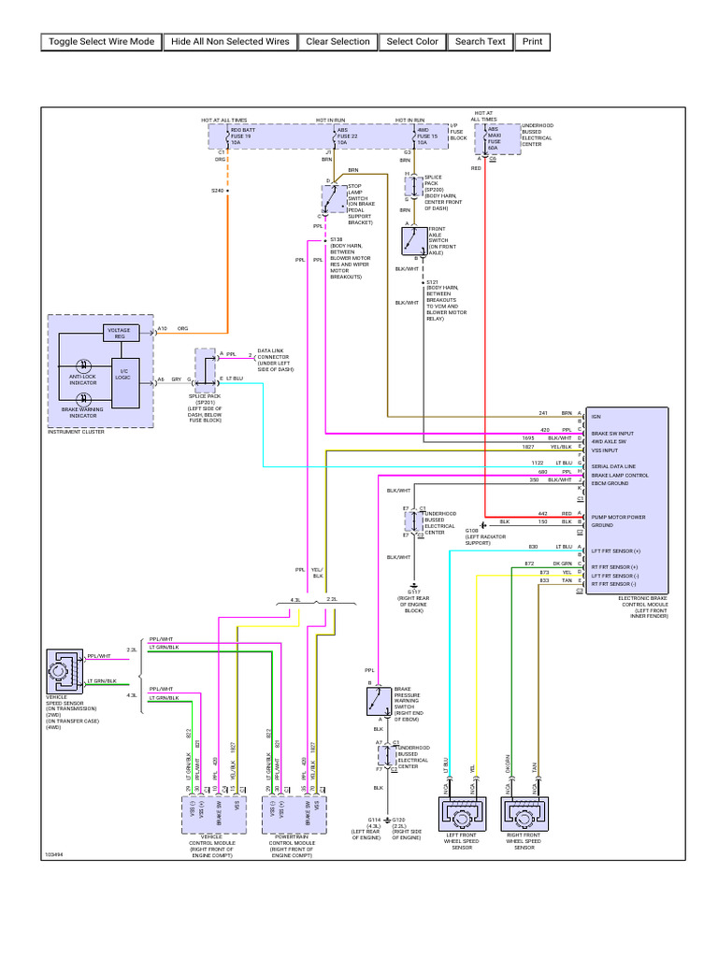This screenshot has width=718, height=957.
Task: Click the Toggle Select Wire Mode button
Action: pyautogui.click(x=101, y=41)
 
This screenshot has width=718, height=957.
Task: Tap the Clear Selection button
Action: pyautogui.click(x=337, y=41)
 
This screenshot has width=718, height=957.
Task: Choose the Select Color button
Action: pyautogui.click(x=412, y=41)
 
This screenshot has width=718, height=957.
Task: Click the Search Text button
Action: pyautogui.click(x=480, y=41)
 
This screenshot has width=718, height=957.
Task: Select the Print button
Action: pyautogui.click(x=532, y=41)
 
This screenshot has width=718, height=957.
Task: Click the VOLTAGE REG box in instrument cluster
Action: pyautogui.click(x=120, y=332)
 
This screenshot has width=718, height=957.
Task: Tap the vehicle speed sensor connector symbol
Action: pyautogui.click(x=65, y=670)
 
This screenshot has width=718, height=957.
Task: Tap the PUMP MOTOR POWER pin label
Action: pyautogui.click(x=616, y=517)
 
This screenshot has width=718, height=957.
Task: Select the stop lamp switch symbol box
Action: pyautogui.click(x=333, y=198)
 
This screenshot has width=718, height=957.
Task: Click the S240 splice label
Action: pyautogui.click(x=217, y=191)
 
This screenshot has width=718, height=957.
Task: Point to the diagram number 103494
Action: pyautogui.click(x=54, y=854)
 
